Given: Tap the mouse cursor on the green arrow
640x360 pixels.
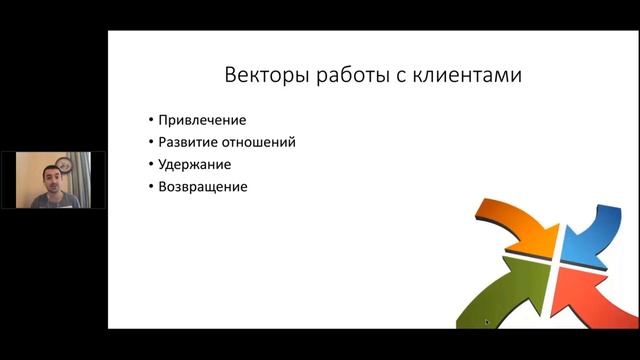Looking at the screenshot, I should [486, 322].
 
